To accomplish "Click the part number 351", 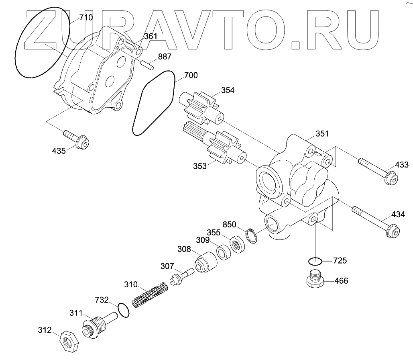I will pyautogui.click(x=321, y=134).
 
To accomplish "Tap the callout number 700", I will pyautogui.click(x=191, y=76).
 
